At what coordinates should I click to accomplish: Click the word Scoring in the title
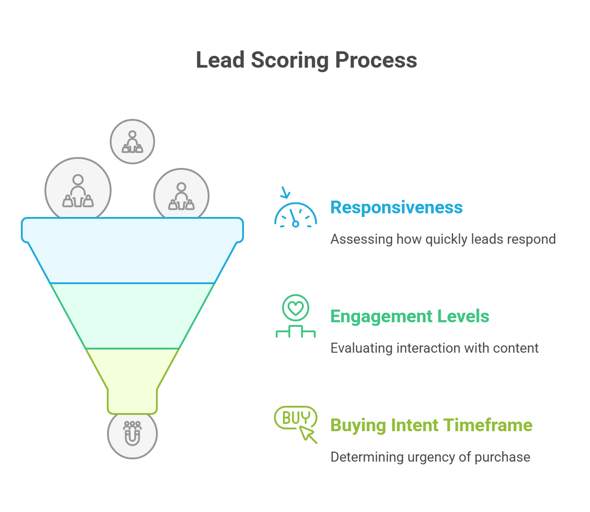tap(290, 60)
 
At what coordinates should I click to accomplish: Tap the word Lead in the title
tap(220, 60)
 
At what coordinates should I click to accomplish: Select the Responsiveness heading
tap(396, 207)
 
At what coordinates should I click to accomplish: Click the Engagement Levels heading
tap(410, 316)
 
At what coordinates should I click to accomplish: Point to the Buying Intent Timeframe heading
tap(431, 425)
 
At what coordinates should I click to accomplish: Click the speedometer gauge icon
tap(295, 215)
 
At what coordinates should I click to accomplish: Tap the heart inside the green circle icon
tap(295, 308)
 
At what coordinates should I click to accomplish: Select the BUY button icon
tap(295, 418)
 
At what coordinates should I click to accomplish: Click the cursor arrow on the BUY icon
tap(308, 434)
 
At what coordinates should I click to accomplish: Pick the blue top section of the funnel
tap(132, 251)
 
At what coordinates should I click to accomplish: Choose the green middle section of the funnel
tap(132, 316)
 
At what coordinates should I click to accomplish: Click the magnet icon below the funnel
tap(132, 433)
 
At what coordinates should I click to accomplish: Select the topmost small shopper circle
tap(132, 142)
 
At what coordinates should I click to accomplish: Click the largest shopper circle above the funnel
tap(78, 188)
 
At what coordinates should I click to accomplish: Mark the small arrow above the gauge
tap(285, 192)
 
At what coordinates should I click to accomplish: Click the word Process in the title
tap(376, 60)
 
